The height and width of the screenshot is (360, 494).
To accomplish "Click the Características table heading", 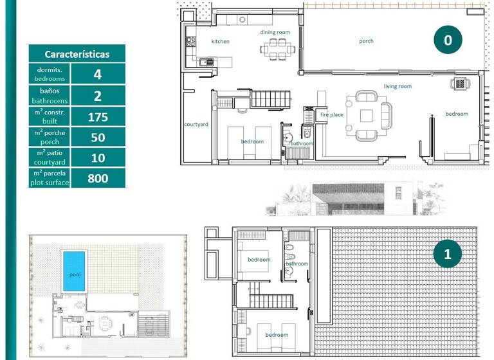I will click(x=77, y=54).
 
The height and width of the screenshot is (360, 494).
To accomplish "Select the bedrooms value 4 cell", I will click(x=98, y=74).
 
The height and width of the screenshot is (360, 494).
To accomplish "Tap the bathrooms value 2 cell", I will click(x=98, y=95).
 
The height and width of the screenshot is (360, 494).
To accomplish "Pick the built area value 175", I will click(x=98, y=116).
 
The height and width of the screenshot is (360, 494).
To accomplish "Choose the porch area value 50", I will click(x=98, y=137).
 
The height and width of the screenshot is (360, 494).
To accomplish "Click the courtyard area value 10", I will click(x=98, y=157).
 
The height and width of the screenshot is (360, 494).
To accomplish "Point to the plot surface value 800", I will click(x=98, y=178).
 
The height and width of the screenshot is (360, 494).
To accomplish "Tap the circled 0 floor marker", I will click(x=448, y=40).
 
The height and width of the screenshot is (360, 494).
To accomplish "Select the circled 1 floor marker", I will click(x=448, y=254).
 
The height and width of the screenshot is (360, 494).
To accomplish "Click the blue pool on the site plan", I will click(x=73, y=272).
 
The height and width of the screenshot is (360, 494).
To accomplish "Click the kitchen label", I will click(x=221, y=41).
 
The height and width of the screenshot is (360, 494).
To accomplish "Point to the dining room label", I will click(x=275, y=32).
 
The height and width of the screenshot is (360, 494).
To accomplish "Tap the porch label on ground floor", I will click(x=366, y=41).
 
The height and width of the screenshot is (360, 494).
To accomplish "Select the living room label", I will click(x=398, y=85).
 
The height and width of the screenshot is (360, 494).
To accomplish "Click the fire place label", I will click(x=332, y=114).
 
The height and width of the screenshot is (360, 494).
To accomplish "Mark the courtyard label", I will click(x=196, y=124).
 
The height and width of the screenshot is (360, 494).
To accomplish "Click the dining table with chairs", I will click(x=279, y=48).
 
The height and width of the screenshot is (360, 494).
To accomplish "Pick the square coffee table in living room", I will click(x=366, y=116).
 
